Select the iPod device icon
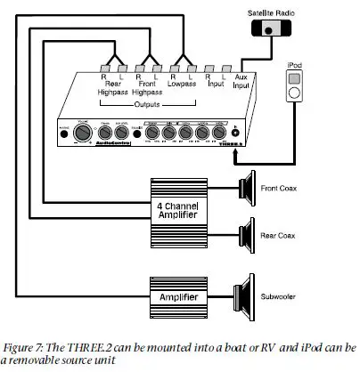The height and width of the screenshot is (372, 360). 293,85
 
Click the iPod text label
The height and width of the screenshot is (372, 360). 293,65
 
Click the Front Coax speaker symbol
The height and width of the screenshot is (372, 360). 245,189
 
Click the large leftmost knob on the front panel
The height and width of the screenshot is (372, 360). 83,133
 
